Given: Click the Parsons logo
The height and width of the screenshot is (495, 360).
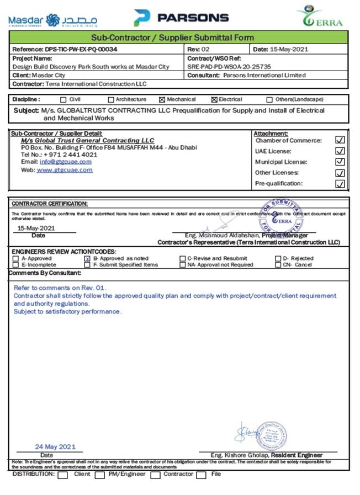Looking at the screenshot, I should (x=181, y=18).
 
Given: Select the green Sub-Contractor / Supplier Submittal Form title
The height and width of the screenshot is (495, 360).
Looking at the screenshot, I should (x=180, y=38).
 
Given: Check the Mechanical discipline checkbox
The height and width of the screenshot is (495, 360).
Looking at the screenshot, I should (x=162, y=100).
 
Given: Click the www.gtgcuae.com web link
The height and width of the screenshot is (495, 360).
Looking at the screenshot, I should (x=65, y=170).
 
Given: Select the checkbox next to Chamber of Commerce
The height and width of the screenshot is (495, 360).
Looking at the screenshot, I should (x=340, y=140).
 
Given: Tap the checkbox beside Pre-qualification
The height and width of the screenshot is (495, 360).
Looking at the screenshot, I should (x=340, y=184).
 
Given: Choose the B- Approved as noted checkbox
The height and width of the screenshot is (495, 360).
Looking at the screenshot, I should (x=87, y=258).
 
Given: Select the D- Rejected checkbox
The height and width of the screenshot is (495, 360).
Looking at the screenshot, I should (x=278, y=258).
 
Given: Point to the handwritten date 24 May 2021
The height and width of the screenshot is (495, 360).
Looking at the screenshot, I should (x=55, y=446).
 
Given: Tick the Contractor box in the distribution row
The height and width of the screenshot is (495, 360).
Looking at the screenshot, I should (x=155, y=475).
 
